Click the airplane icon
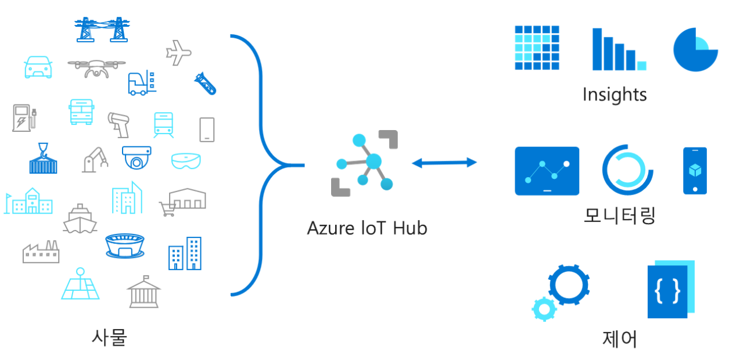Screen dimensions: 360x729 tap(178, 53)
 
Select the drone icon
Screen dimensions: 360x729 tap(96, 67)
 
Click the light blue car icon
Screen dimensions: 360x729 tap(38, 67)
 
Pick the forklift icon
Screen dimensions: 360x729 tap(141, 82)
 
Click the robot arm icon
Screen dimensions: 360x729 tap(95, 159)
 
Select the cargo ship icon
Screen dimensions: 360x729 tap(80, 219)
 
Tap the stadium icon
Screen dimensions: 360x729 tap(125, 246)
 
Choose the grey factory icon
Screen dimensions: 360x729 tap(41, 251)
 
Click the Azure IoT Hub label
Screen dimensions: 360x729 tap(367, 228)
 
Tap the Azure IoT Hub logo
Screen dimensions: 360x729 tap(365, 164)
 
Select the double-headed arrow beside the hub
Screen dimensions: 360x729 tap(444, 163)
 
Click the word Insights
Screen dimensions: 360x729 tap(615, 94)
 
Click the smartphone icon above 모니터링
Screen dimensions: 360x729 tap(695, 171)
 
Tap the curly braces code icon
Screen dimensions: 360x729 tap(668, 290)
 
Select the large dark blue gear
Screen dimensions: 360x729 tap(569, 285)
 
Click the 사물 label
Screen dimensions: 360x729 tap(109, 337)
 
